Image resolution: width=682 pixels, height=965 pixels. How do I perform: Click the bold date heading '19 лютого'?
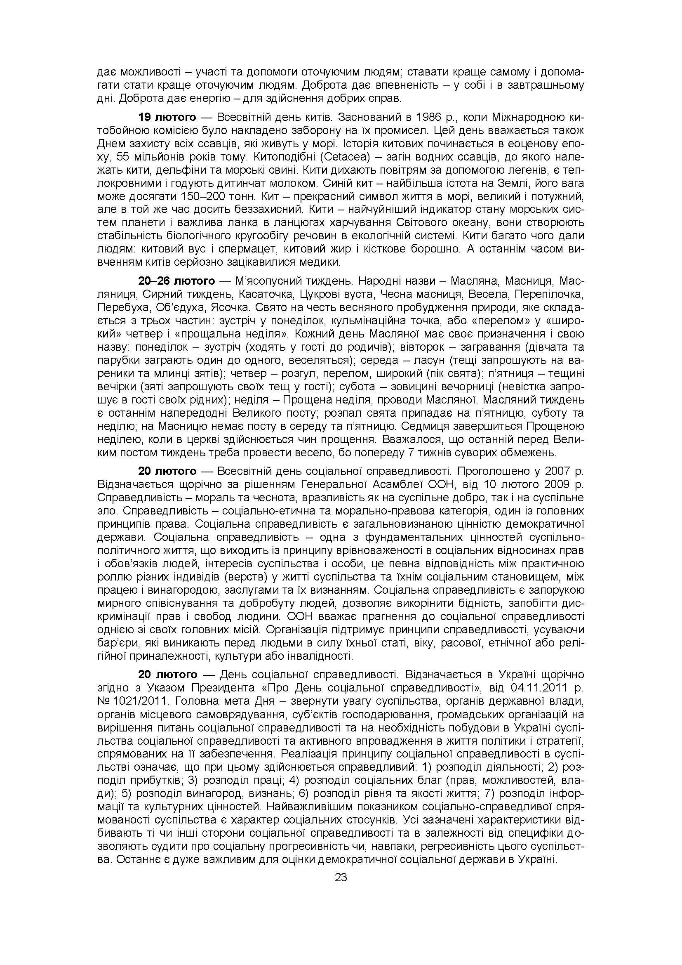[x=167, y=117]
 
